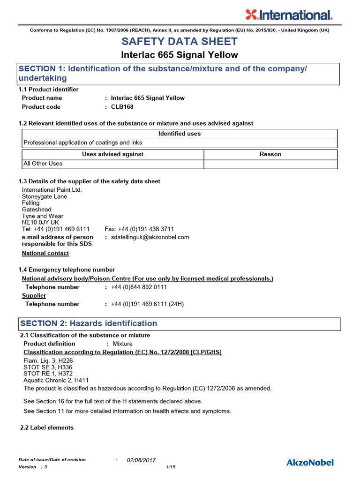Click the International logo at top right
(x=289, y=15)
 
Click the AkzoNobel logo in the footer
(x=310, y=463)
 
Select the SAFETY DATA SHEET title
(x=180, y=41)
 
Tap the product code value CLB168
(x=122, y=107)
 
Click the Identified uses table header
(x=180, y=134)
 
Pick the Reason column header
(x=270, y=154)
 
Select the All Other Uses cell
(x=43, y=164)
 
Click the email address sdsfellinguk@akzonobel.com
(x=150, y=237)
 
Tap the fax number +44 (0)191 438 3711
(x=139, y=229)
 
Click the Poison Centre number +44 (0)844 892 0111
(x=139, y=287)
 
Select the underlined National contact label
(x=45, y=253)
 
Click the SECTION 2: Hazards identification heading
(x=88, y=323)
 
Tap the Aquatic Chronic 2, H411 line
(x=56, y=380)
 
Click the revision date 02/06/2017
(x=141, y=460)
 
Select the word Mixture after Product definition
(x=122, y=344)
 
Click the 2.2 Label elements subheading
(x=47, y=427)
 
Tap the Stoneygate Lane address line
(x=45, y=196)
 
